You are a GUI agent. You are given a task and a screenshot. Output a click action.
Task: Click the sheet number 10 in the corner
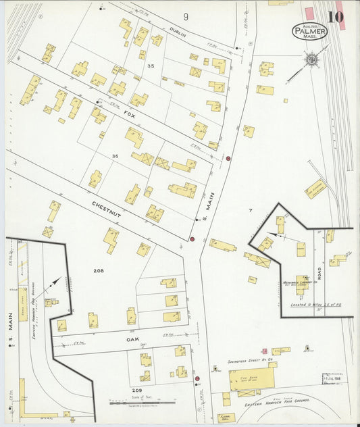pos(335,17)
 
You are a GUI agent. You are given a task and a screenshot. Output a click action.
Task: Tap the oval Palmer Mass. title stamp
pos(310,31)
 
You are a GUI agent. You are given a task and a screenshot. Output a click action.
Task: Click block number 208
pos(99,270)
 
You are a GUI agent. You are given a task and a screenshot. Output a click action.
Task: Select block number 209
pos(138,390)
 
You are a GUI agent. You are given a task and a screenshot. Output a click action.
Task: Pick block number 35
pos(151,66)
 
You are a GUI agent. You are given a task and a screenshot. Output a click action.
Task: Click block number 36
pos(115,157)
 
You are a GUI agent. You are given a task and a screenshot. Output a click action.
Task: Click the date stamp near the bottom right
pos(332,378)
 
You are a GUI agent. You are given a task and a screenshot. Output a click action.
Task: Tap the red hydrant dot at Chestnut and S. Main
pos(192,239)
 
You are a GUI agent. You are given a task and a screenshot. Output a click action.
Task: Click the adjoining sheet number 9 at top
pos(185,16)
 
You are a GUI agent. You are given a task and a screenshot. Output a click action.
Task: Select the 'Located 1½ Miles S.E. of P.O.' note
pos(313,305)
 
